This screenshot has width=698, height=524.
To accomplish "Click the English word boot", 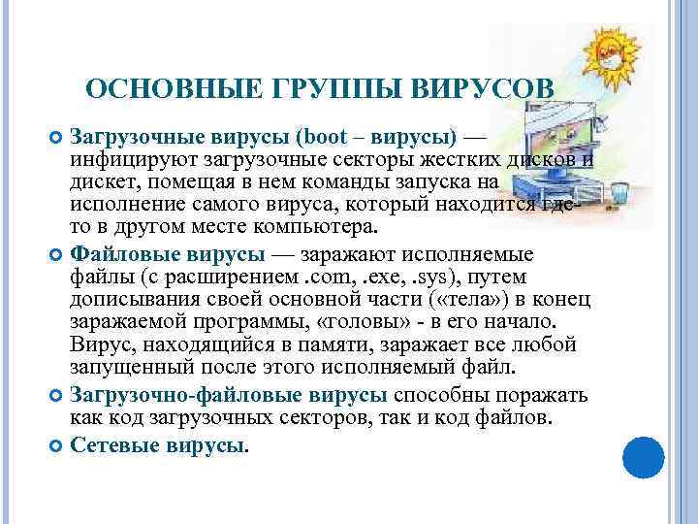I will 320,135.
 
